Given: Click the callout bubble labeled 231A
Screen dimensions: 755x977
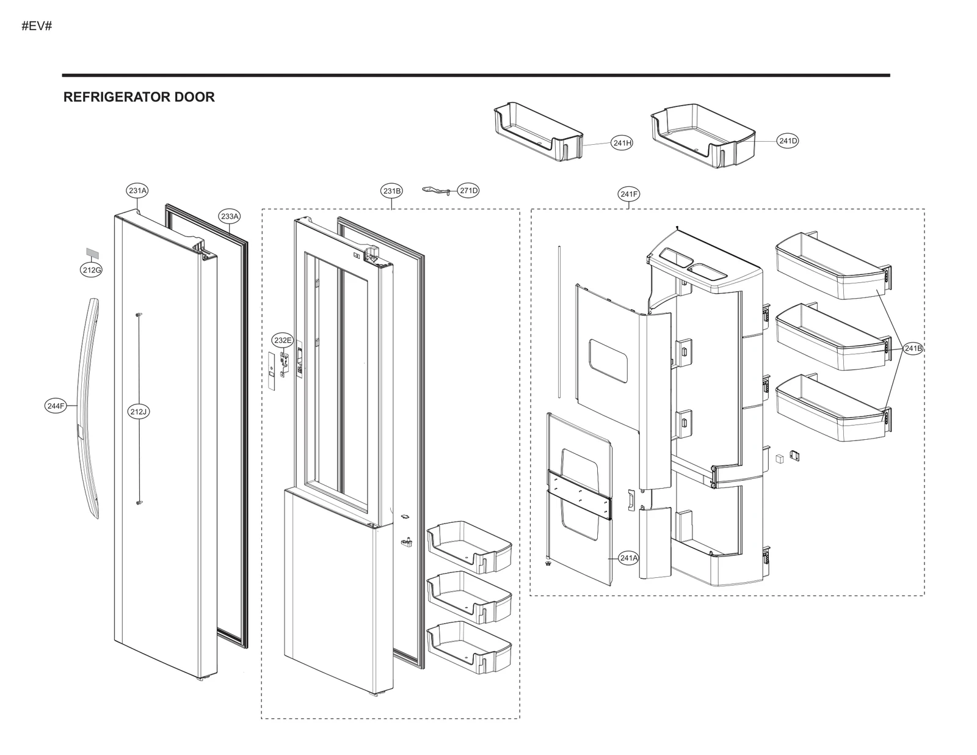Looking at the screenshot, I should (x=137, y=191).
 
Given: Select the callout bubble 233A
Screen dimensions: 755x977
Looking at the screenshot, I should (x=230, y=216).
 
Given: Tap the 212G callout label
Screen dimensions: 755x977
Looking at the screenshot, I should (x=91, y=269).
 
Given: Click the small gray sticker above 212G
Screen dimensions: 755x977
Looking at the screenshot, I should (x=92, y=253).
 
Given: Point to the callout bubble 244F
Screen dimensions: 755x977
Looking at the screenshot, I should (x=56, y=406).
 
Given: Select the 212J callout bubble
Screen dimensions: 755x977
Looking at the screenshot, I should (x=139, y=412).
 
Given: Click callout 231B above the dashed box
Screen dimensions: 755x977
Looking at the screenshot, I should (x=392, y=191).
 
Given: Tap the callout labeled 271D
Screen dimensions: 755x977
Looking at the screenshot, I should (x=468, y=191).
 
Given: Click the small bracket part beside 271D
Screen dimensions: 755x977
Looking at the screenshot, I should (x=437, y=191).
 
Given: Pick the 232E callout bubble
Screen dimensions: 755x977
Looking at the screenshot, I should (x=283, y=340).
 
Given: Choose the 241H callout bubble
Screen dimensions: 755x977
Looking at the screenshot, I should (x=622, y=143).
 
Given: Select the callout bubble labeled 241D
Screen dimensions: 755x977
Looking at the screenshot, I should (x=788, y=141).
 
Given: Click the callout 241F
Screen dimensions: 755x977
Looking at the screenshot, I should (x=629, y=194).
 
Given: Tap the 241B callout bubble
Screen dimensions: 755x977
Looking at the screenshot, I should (x=913, y=348).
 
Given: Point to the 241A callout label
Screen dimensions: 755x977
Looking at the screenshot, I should (x=628, y=558).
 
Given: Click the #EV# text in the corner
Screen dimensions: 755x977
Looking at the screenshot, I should (x=37, y=26).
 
